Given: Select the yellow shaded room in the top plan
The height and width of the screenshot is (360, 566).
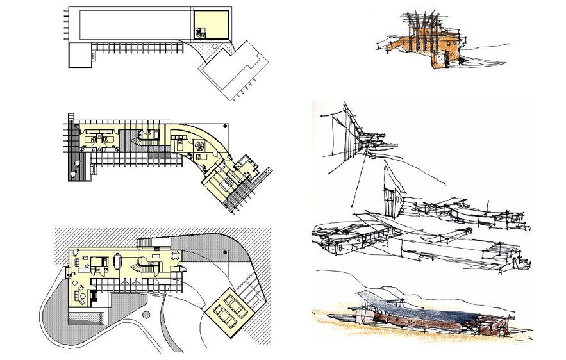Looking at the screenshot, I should pyautogui.click(x=212, y=23).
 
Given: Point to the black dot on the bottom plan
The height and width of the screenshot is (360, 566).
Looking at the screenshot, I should pyautogui.click(x=224, y=254).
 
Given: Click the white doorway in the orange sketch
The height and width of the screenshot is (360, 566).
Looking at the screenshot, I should pyautogui.click(x=440, y=60).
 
